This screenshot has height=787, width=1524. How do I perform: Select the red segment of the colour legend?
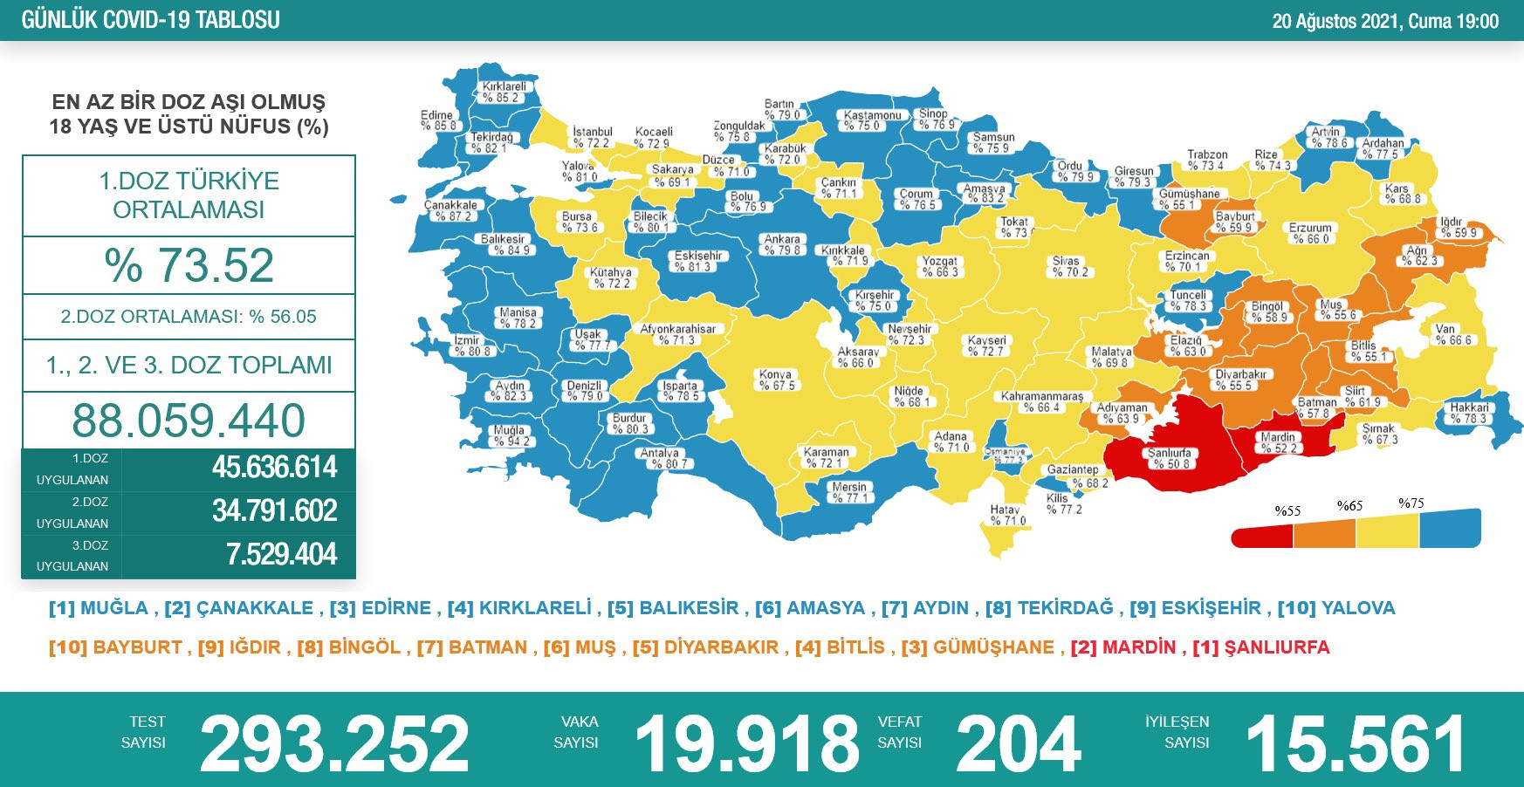1262,535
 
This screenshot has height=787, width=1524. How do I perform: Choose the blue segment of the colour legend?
1450,529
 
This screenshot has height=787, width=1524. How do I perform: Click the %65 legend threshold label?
1349,506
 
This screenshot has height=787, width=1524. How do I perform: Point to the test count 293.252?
334,743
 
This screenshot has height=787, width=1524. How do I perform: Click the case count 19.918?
747,743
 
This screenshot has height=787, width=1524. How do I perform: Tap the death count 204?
1019,743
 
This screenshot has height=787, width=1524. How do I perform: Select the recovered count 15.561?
1356,743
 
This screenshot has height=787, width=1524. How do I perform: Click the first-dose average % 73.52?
189,265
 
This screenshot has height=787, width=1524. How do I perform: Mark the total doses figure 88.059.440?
189,421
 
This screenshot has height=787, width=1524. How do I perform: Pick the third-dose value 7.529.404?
281,555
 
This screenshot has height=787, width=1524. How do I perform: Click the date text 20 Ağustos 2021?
1335,21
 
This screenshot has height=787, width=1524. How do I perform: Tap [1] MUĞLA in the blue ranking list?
99,608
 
